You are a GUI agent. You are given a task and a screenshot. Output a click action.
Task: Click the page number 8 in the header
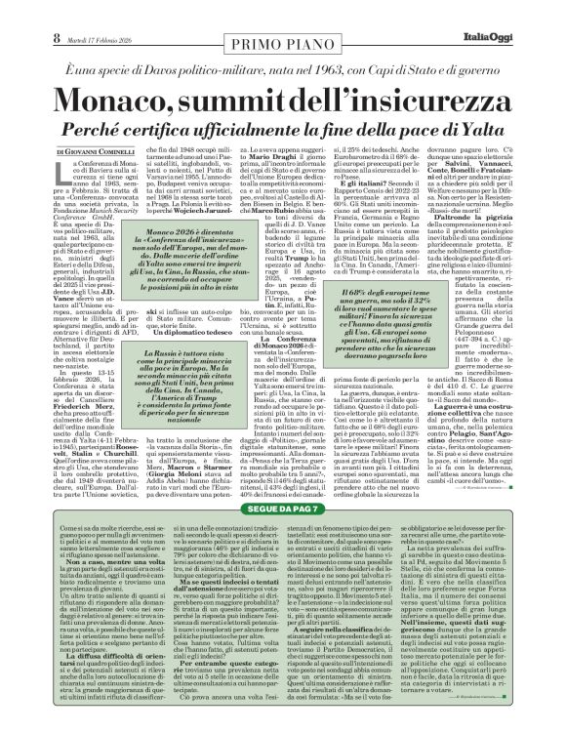18,12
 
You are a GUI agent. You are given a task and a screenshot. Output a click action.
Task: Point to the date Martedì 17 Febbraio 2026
71,13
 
